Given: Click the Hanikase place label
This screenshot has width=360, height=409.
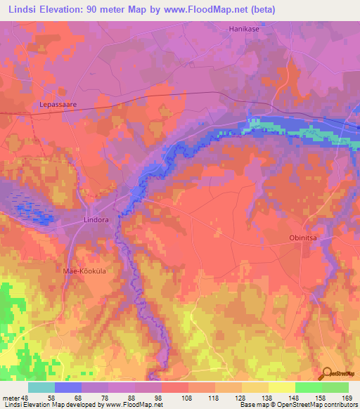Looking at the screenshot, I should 244,29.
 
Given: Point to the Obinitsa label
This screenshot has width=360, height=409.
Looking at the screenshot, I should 305,238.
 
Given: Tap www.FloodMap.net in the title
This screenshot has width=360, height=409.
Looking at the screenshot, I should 210,10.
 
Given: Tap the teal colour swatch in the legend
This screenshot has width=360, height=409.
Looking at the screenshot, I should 41,387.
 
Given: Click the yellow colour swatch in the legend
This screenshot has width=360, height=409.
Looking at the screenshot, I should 281,387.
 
